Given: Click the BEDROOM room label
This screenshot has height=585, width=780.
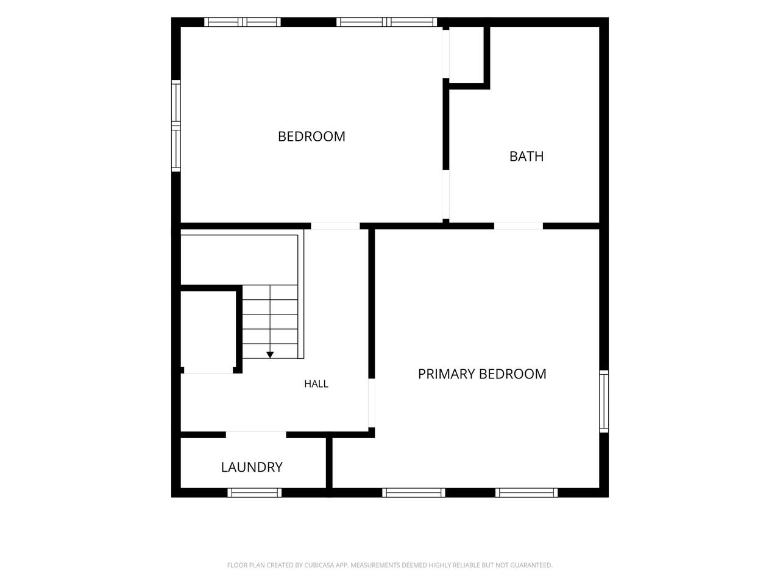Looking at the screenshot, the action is click(311, 136).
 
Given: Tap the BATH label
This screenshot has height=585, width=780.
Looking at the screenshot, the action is click(526, 156).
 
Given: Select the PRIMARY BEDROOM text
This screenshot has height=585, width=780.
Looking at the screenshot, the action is click(482, 374).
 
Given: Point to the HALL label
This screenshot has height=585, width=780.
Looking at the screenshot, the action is click(316, 384).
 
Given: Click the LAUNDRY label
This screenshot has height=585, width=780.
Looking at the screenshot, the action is click(252, 467).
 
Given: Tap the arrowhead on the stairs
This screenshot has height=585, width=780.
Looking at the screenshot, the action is click(270, 355).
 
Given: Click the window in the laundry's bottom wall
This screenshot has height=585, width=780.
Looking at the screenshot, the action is click(255, 492).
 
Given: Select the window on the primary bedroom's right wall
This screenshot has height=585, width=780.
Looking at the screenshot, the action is click(604, 402).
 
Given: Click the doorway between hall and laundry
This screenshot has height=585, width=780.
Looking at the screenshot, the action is click(256, 434).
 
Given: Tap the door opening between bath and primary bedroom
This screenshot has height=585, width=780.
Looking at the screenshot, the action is click(519, 226).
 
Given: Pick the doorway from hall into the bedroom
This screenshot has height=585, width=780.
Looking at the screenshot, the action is click(335, 226).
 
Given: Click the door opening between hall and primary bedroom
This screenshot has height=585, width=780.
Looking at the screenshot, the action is click(371, 403).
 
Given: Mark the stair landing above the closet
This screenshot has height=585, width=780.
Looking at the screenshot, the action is click(239, 260).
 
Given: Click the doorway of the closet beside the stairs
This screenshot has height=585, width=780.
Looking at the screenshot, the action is click(208, 370).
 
